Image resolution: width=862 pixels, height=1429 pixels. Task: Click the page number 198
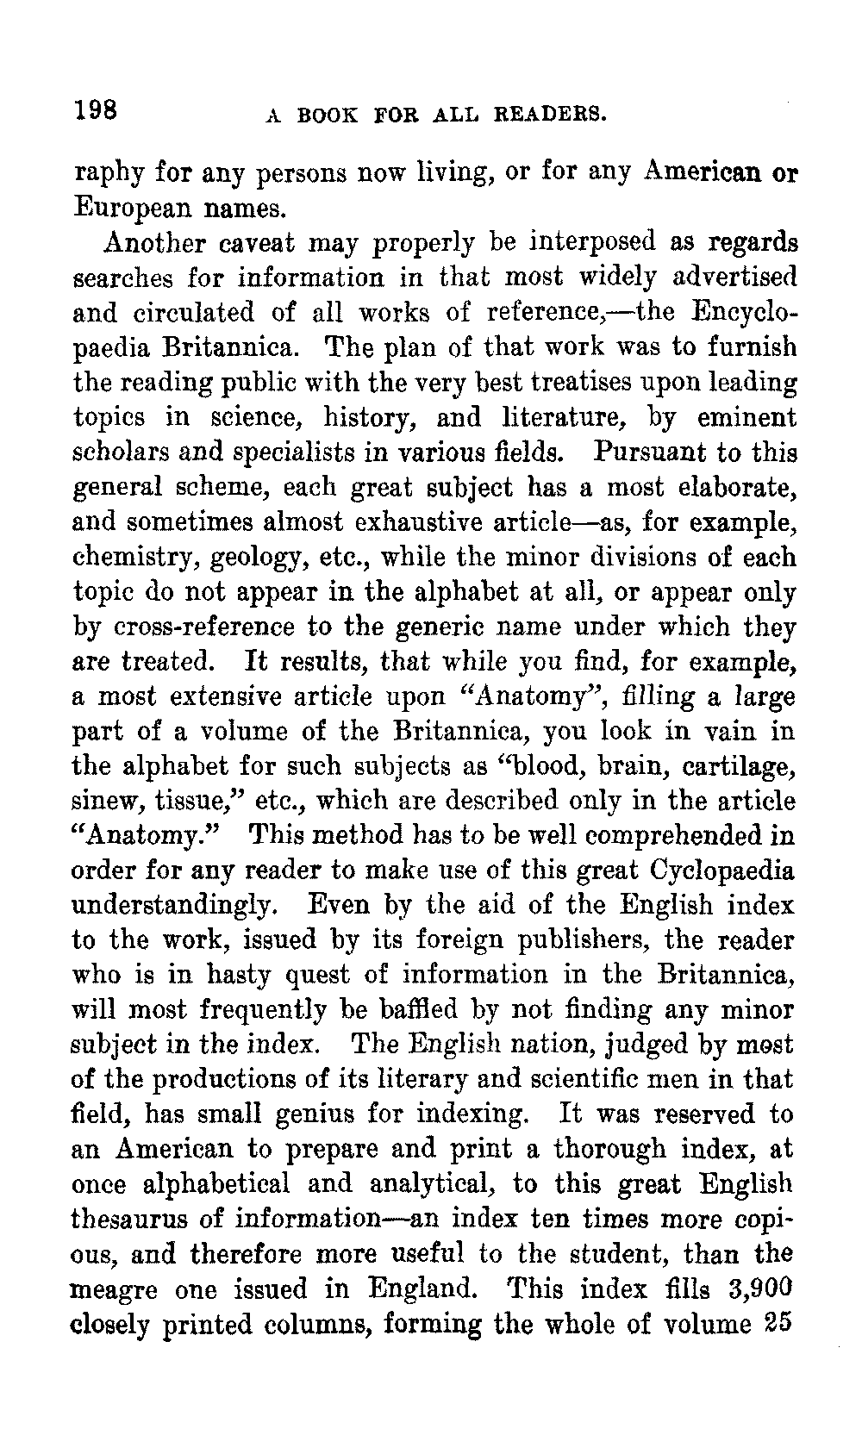(x=96, y=109)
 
